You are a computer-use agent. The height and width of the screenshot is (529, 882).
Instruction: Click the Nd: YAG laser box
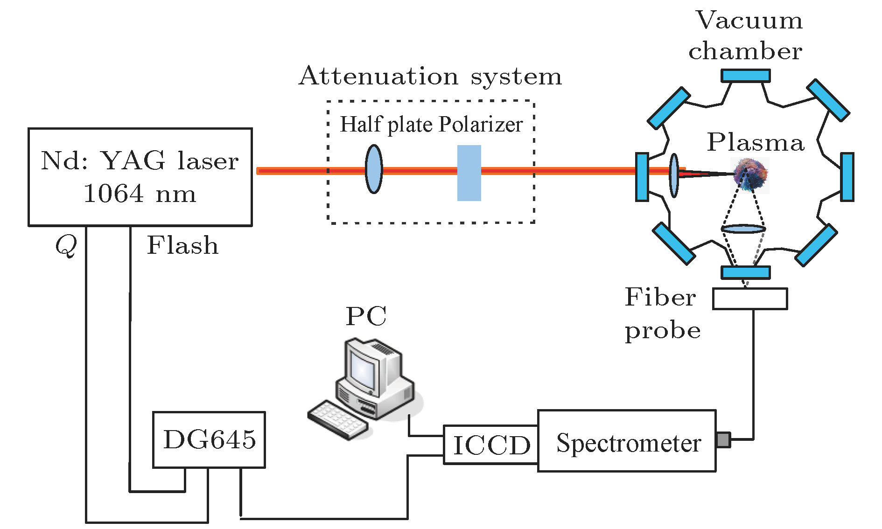coord(140,177)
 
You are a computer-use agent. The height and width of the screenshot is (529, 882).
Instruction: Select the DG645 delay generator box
coord(209,439)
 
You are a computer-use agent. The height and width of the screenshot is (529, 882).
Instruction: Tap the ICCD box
coord(491,445)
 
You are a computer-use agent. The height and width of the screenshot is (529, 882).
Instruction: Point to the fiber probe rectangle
coord(750,299)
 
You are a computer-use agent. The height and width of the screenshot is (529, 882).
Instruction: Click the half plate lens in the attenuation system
coord(374,169)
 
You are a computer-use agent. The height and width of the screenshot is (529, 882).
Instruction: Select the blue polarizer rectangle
coord(469,173)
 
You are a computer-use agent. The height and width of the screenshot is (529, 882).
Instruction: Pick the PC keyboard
coord(337,419)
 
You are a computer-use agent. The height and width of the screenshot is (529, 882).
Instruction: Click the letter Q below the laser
coord(66,245)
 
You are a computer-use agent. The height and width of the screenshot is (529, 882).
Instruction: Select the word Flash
coord(182,245)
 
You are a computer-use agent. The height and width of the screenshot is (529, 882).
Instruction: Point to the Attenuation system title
coord(430,76)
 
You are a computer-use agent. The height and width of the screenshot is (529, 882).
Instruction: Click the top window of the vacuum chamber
coord(745,76)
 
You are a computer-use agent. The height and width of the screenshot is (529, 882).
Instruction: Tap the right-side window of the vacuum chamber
coord(847,177)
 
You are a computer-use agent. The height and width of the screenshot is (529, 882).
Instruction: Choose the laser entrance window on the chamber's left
coord(642,177)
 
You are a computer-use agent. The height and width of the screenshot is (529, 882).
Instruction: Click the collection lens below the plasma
coord(743,229)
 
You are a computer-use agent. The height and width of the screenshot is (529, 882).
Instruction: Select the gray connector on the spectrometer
coord(723,439)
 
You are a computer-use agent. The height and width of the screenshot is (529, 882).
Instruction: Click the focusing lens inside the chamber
coord(674,175)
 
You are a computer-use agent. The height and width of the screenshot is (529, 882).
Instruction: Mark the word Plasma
coord(756,142)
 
